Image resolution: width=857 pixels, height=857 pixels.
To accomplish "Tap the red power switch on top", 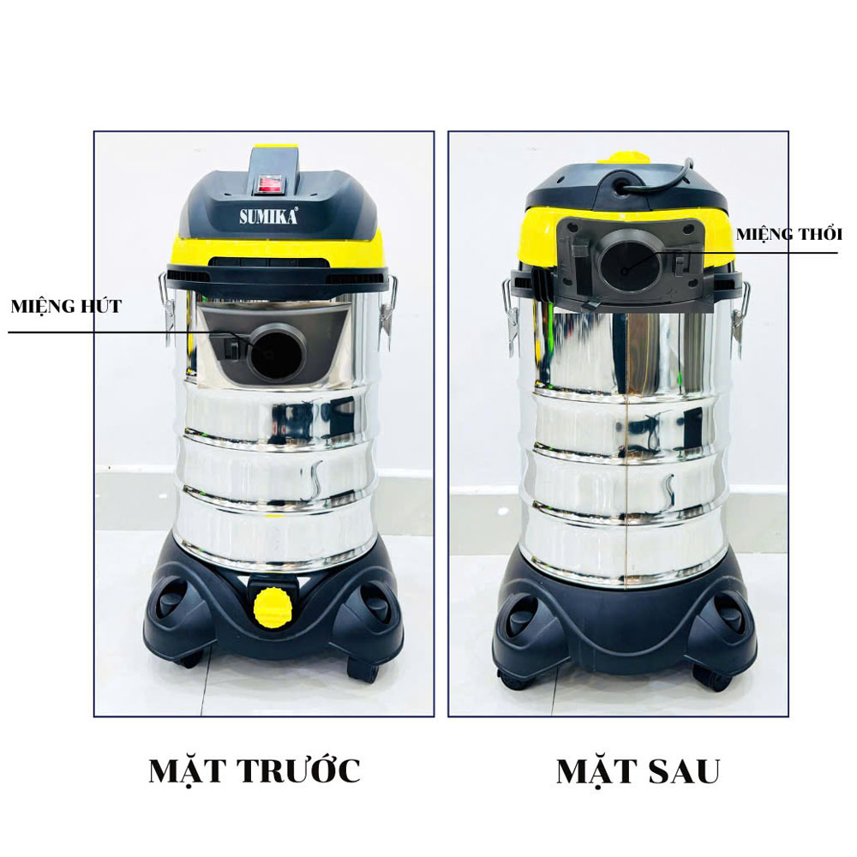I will tap(273, 182).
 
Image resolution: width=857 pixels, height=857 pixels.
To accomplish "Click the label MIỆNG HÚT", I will tap(66, 306).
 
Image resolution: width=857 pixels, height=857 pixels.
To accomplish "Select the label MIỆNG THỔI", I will tap(788, 234).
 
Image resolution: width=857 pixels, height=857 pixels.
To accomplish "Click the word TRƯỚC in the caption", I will tap(297, 771).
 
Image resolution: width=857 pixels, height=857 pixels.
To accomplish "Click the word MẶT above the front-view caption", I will tap(187, 771).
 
